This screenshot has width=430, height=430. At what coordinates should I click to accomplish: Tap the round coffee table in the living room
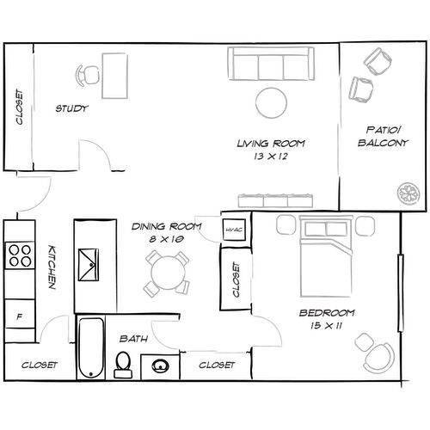[x=272, y=103]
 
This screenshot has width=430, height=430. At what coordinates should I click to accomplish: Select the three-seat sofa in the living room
[x=270, y=64]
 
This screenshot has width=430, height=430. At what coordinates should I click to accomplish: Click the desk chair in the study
[x=88, y=76]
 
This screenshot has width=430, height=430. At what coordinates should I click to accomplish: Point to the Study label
[x=71, y=108]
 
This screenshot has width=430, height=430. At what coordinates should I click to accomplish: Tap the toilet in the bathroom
[x=123, y=365]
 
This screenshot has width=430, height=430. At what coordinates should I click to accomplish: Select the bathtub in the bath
[x=89, y=349]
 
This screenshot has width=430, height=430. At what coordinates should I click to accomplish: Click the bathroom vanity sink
[x=157, y=366]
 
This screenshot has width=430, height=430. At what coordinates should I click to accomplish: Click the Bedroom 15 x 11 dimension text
[x=326, y=319]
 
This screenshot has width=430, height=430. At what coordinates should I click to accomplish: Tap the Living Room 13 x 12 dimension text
[x=271, y=150]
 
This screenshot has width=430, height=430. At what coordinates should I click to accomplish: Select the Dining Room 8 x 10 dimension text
[x=166, y=233]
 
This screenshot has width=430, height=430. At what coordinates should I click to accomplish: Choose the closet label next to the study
[x=18, y=108]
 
